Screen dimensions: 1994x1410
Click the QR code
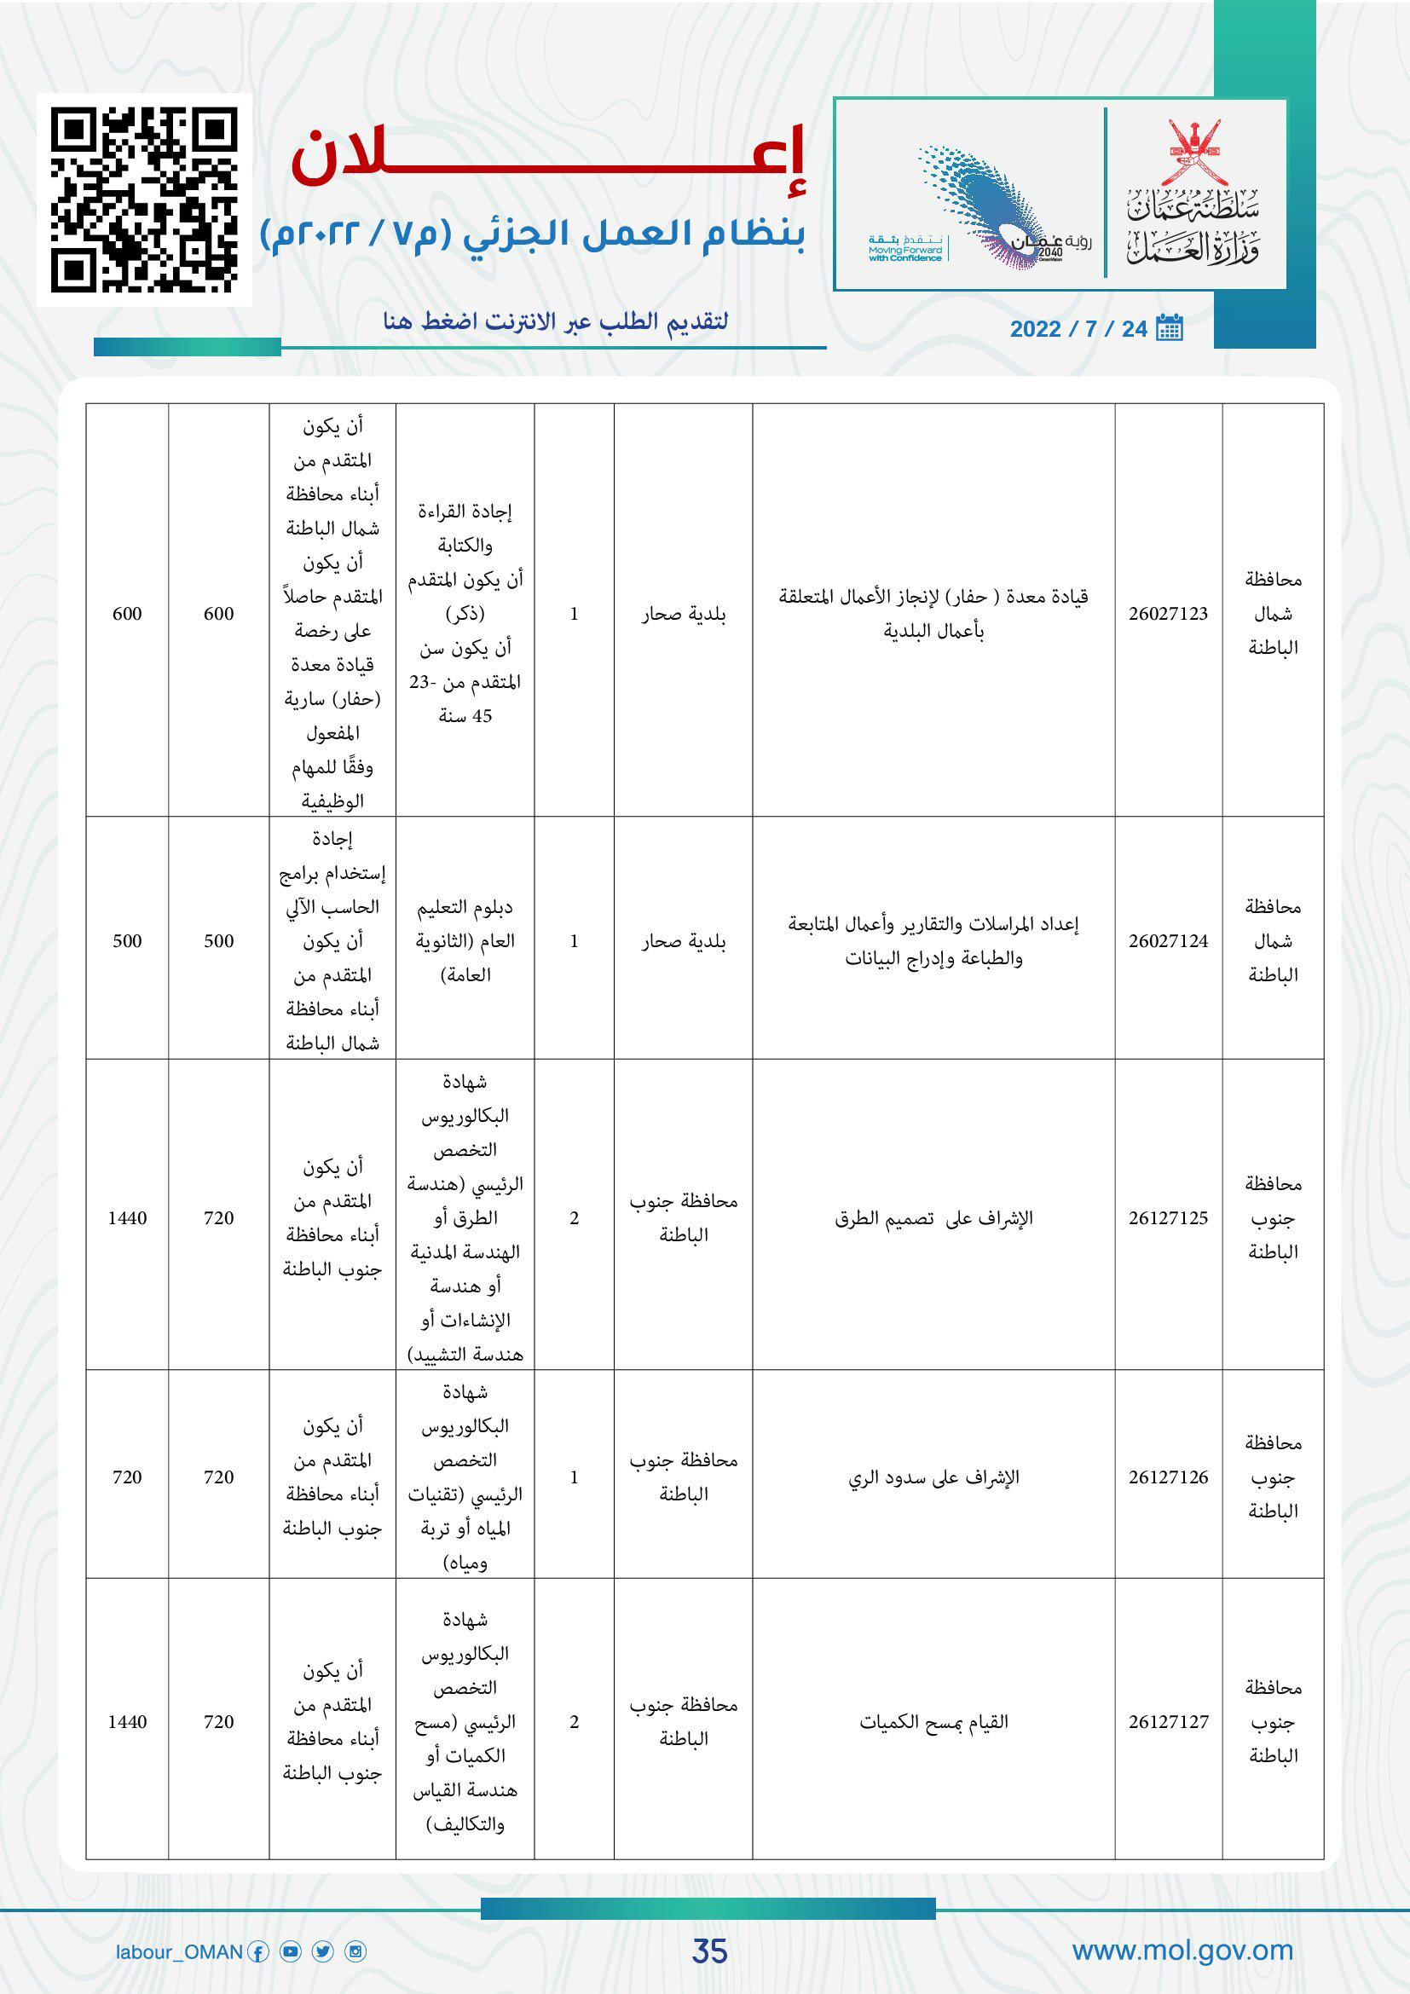tap(144, 199)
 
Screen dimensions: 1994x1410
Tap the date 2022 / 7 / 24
tap(1078, 329)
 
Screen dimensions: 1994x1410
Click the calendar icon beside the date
tap(1170, 327)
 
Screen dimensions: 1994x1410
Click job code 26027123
tap(1168, 614)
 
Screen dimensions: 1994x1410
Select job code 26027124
tap(1168, 941)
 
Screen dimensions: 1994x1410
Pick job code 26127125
tap(1168, 1218)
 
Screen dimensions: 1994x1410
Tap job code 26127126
tap(1168, 1477)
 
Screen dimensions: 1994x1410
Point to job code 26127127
tap(1168, 1722)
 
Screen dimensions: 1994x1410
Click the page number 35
tap(709, 1951)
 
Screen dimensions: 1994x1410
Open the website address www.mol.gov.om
tap(1182, 1951)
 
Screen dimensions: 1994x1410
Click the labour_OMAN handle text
tap(179, 1952)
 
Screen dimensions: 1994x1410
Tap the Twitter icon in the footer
tap(323, 1952)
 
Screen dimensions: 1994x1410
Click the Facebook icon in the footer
tap(257, 1952)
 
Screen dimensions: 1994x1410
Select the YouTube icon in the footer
tap(291, 1952)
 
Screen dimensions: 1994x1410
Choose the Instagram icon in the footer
tap(356, 1952)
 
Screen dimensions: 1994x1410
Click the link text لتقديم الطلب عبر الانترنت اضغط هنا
tap(556, 322)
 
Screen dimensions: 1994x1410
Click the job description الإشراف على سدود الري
tap(933, 1477)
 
